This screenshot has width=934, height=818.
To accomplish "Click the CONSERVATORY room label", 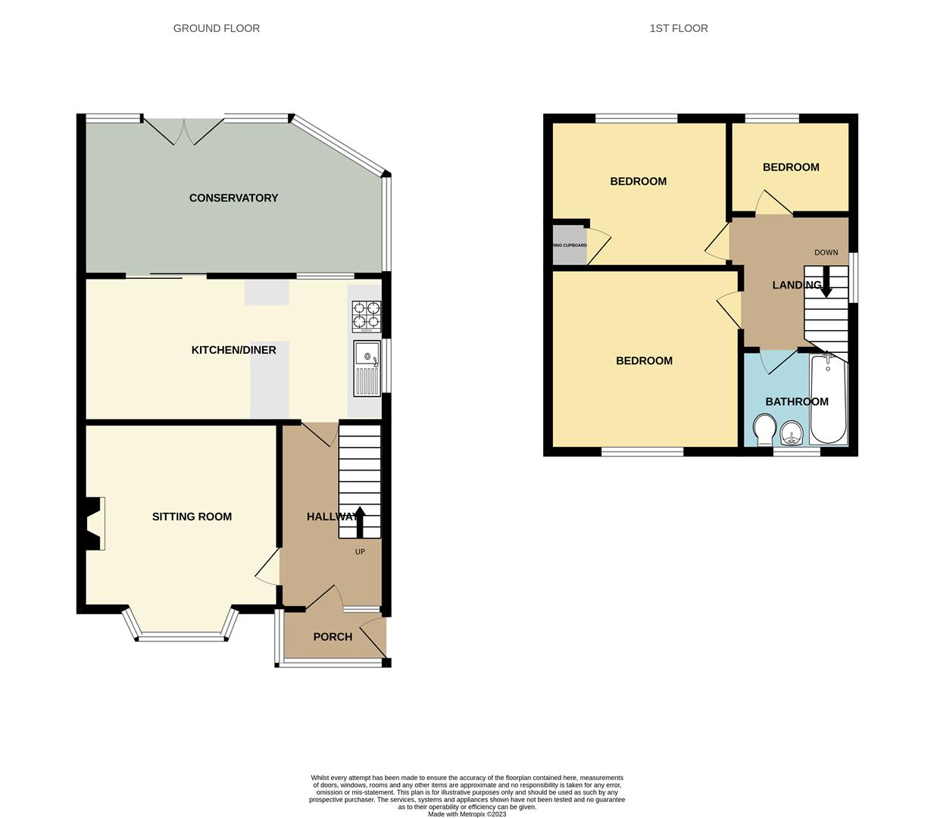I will point(233,198).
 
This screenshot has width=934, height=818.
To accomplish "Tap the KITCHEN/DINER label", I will point(233,350).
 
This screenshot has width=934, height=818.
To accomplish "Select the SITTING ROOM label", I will point(192,517).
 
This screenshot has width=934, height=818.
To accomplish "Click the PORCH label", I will point(333,636).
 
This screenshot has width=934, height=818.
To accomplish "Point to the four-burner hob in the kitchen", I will point(367,317).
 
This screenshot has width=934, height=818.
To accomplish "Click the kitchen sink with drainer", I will point(367,368).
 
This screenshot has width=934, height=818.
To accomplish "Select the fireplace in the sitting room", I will point(94,523).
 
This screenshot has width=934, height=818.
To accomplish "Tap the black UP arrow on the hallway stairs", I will point(360,521).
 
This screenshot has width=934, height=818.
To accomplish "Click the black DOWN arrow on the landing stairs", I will point(826,282).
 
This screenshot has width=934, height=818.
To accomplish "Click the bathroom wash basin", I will point(792,434).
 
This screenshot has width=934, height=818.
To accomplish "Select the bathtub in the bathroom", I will point(828,400).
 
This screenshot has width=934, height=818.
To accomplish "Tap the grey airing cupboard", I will point(570,245).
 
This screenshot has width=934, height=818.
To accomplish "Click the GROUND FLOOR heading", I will point(217,28).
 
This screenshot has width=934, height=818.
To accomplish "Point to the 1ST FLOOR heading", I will point(679,28).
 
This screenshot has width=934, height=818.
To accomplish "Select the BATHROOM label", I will point(797,401).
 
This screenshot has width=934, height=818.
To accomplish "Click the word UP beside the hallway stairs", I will point(360,551).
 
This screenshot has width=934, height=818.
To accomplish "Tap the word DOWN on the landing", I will point(826,252).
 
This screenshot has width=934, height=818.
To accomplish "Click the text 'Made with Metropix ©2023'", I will point(467,814).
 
